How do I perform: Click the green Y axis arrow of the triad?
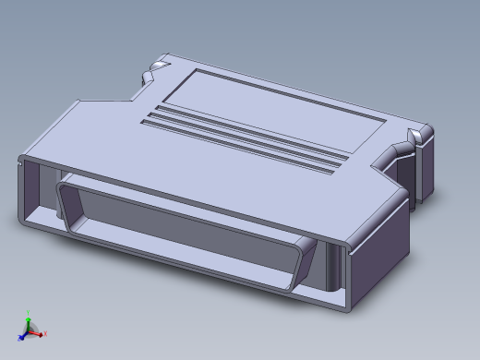28,322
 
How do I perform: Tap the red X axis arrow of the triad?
38,333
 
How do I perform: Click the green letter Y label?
29,313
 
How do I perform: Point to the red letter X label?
44,334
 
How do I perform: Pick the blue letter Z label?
18,340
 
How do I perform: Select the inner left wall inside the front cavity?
37,198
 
